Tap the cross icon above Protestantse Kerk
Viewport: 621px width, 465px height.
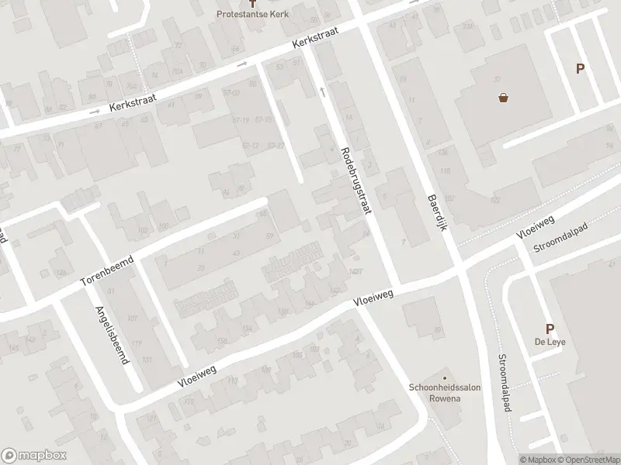point(261,4)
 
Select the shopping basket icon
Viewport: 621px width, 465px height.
point(504,98)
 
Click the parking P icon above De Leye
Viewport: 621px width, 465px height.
point(550,329)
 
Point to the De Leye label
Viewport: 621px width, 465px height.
point(549,344)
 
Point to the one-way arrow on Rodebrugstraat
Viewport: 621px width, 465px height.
point(321,91)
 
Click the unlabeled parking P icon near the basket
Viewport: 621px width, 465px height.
point(579,68)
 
